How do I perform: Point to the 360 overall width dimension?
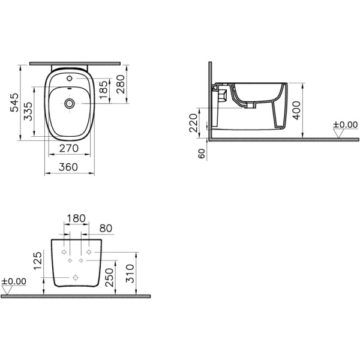pos(71,168)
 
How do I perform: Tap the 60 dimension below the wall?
pos(201,154)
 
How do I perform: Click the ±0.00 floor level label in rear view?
pos(13,281)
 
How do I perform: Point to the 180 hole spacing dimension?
pos(76,219)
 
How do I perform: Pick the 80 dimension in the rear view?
pos(106,228)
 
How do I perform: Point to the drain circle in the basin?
pos(71,104)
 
